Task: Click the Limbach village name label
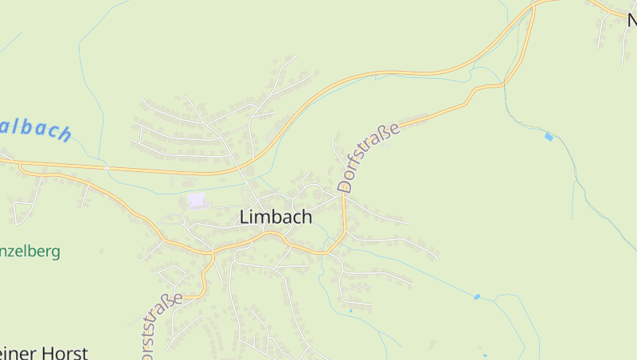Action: coord(276,217)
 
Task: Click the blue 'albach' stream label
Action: coord(36,127)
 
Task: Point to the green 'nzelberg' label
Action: coord(30,252)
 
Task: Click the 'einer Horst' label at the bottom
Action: coord(43,352)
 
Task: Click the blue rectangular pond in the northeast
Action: coord(548,136)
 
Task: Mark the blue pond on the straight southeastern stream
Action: coord(477,297)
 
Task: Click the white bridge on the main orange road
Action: coord(106,168)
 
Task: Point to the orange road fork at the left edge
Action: coord(21,165)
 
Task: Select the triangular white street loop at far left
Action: coord(24,209)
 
